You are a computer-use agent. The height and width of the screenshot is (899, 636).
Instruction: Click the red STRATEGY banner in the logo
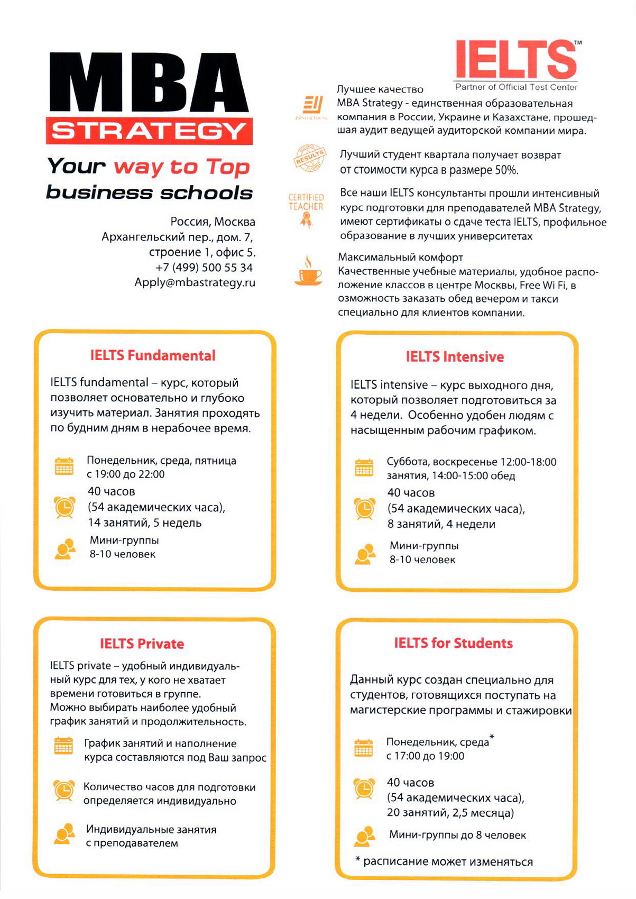149,131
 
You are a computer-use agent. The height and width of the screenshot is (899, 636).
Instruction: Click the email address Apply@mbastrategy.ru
195,282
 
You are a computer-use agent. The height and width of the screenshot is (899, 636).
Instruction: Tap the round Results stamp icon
309,158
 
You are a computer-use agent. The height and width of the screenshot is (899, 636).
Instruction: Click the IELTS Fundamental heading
153,355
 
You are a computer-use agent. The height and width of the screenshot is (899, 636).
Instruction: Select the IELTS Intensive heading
455,357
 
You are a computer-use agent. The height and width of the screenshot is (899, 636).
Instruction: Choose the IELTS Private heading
142,644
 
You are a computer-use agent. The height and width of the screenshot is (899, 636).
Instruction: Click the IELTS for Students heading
453,643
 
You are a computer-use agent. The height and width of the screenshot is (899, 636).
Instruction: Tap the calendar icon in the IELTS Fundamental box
64,466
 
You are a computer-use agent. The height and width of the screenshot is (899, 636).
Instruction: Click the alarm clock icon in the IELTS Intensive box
365,509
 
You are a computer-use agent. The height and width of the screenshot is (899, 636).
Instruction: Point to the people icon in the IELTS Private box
64,834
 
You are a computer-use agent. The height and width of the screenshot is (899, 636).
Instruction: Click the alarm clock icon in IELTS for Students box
364,788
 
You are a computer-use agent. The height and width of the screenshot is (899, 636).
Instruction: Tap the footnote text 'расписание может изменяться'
448,862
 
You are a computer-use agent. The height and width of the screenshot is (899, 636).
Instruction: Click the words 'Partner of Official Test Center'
516,87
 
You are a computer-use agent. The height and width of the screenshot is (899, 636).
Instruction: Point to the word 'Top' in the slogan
227,167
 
